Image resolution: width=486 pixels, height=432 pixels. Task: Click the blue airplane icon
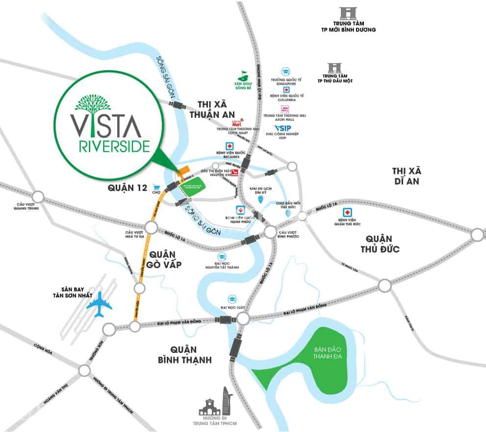tap(99, 304)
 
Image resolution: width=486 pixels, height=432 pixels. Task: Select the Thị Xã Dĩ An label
tap(407, 175)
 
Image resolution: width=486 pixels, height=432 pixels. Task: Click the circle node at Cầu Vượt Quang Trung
tap(38, 197)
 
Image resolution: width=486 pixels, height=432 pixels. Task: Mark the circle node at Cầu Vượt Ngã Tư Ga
tap(151, 227)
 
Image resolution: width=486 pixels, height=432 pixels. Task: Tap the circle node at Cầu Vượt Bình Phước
tap(270, 232)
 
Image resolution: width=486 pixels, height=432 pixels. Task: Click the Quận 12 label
tap(127, 188)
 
